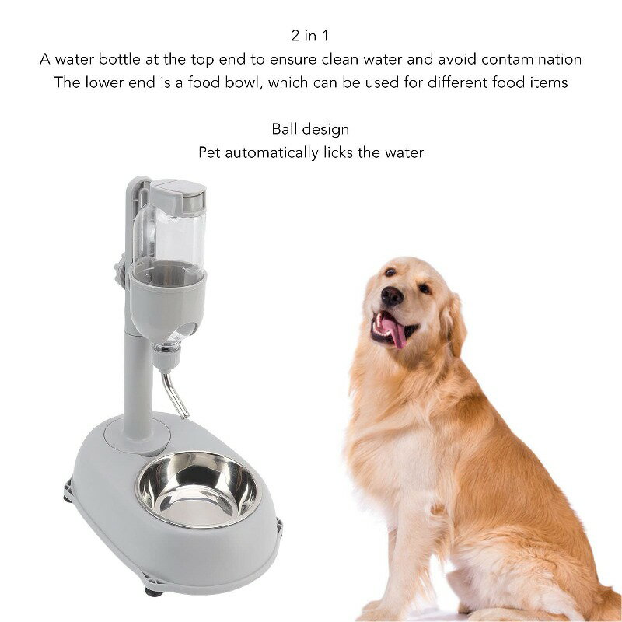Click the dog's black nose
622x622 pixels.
(392, 295)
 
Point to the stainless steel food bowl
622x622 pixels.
(197, 489)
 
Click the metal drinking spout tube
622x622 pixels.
(173, 395)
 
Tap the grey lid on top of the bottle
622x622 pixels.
(178, 195)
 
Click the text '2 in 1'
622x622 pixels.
(310, 36)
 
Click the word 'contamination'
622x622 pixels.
(531, 59)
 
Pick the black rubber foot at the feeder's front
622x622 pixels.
(154, 592)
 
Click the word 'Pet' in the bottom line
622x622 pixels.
(209, 152)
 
